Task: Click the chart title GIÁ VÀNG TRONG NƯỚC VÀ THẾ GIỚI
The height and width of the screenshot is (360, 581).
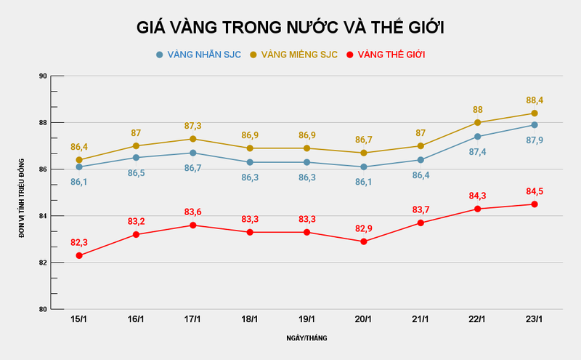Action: pos(290,28)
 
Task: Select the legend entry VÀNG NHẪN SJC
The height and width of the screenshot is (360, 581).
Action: pos(198,55)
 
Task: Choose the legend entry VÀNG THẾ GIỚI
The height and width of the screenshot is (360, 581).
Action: pos(386,55)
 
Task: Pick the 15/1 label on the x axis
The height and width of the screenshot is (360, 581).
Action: pos(78,319)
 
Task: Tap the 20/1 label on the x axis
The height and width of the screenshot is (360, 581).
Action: pos(363,319)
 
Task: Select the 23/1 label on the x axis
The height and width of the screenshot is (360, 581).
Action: pos(534,319)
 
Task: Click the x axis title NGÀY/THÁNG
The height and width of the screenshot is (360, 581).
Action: pos(306,338)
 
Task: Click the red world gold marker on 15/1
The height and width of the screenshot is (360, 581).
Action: pos(78,255)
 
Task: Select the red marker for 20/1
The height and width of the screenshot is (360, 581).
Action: pos(363,241)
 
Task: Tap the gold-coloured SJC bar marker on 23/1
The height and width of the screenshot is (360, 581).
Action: pos(534,113)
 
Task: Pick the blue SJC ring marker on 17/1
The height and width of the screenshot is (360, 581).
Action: pos(192,153)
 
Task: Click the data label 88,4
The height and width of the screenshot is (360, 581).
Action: pos(534,100)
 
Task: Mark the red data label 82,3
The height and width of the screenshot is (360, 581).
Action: pos(78,242)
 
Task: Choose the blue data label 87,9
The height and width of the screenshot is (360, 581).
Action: pos(534,140)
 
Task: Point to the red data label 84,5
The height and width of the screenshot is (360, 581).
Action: pos(534,191)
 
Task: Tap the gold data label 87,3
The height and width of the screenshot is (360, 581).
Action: pos(192,126)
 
